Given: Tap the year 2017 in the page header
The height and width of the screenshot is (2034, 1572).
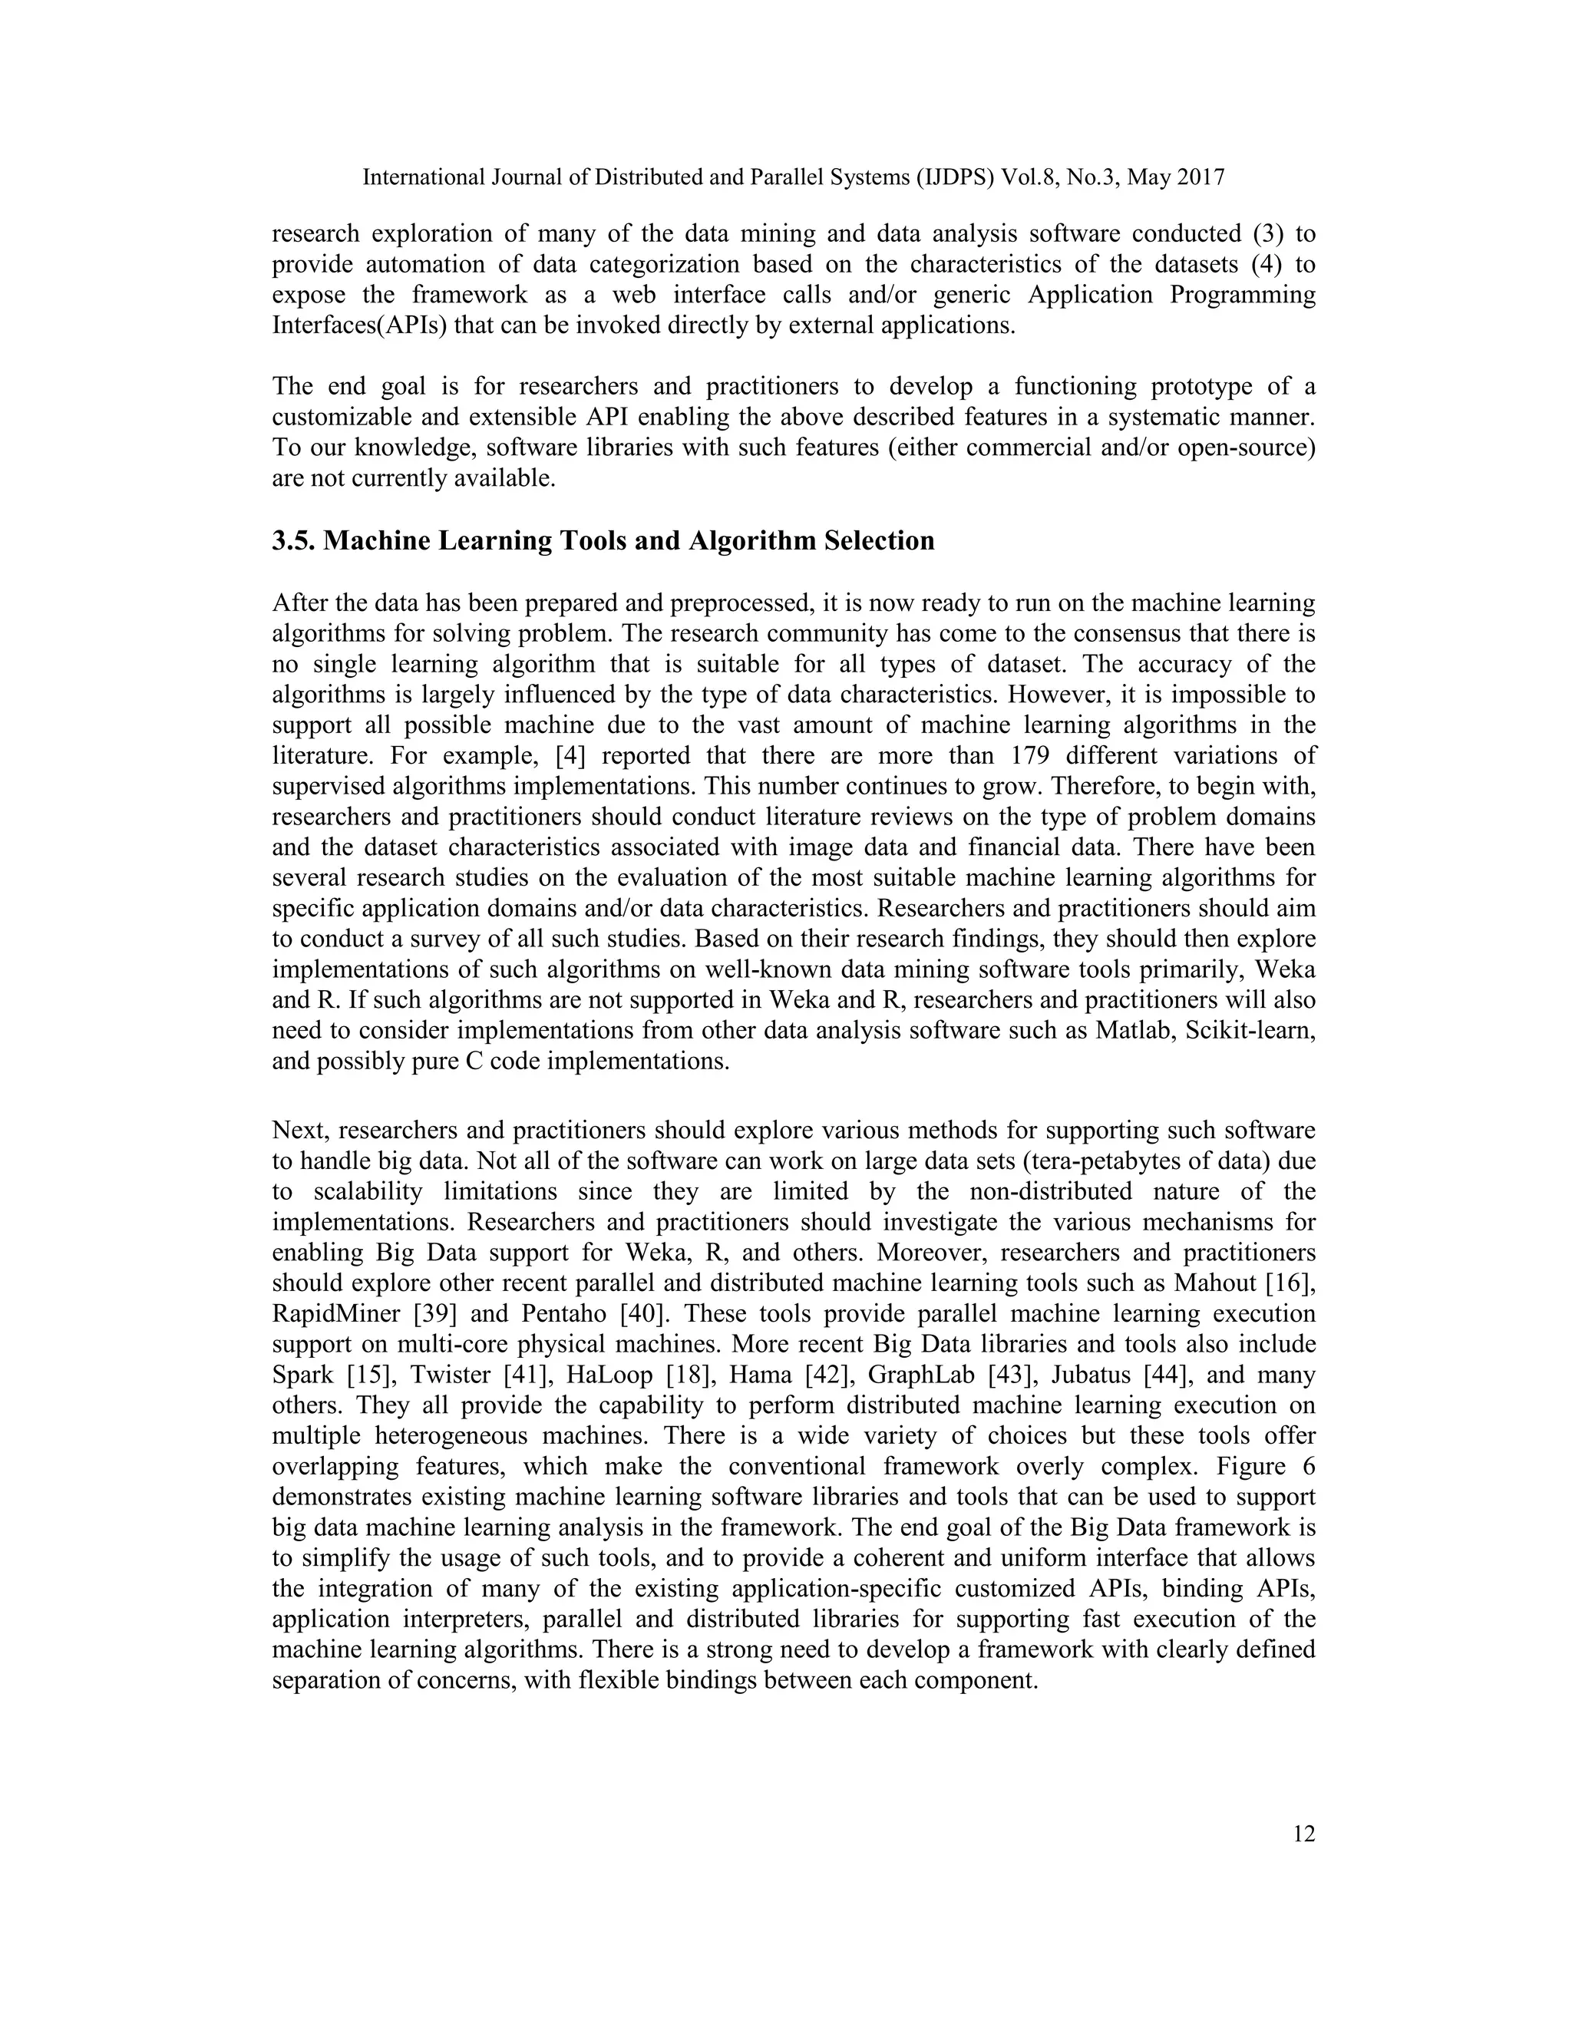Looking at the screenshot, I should click(1201, 177).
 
